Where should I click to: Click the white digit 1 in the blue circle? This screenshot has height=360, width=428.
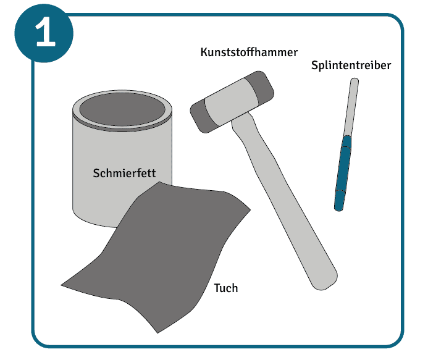point(46,31)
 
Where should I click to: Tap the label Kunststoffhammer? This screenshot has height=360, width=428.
point(249,52)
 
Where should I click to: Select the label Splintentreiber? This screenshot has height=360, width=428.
point(351,65)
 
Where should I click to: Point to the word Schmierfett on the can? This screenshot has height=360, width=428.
point(124,173)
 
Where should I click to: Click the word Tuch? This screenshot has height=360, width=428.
point(226,288)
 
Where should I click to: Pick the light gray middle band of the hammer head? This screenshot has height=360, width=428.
point(232,101)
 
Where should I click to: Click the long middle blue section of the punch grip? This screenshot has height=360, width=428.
point(343,169)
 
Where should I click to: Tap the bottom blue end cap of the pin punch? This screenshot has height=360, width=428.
point(340,201)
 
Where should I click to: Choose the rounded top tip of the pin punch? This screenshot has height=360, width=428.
point(355,80)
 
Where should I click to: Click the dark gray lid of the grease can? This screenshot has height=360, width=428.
point(122,109)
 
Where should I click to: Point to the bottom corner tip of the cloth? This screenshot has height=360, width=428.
point(157,333)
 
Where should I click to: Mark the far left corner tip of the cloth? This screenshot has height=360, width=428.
point(61,285)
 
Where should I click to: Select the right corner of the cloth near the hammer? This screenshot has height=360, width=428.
point(250,209)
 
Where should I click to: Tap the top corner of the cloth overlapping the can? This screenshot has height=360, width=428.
point(159,182)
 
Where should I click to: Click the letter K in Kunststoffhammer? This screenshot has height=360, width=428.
point(204,52)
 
